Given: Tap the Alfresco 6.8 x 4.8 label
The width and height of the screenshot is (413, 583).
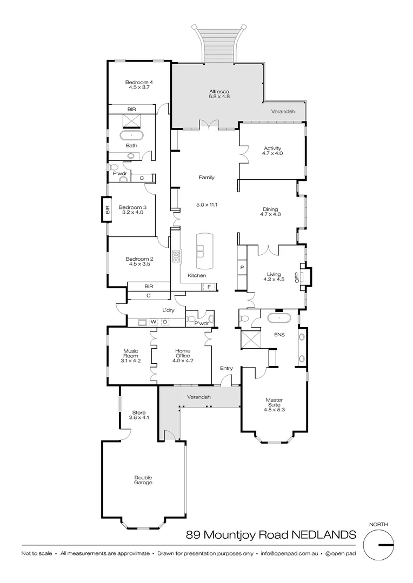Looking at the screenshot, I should point(219,94).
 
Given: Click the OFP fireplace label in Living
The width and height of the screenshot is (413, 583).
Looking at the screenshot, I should point(296,277).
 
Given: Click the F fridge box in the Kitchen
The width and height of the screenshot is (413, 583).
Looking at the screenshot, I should point(209,287).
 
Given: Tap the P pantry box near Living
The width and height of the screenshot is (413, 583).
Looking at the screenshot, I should point(242,268).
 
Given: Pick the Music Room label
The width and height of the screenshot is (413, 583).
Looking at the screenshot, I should point(131,356).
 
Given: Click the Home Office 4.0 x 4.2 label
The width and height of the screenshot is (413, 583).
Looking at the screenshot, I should point(183,356).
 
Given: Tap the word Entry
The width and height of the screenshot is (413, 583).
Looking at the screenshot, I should point(226,369).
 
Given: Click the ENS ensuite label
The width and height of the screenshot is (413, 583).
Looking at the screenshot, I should point(279,334).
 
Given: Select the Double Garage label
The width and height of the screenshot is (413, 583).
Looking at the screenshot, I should point(143,480).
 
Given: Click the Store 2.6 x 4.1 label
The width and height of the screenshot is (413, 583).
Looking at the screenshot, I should point(138,415).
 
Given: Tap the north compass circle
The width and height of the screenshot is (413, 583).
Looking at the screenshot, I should point(382,546).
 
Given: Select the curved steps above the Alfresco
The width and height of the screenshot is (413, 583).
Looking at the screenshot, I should point(219,43).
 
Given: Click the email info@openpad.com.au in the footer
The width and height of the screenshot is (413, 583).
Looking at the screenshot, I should point(290,553).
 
